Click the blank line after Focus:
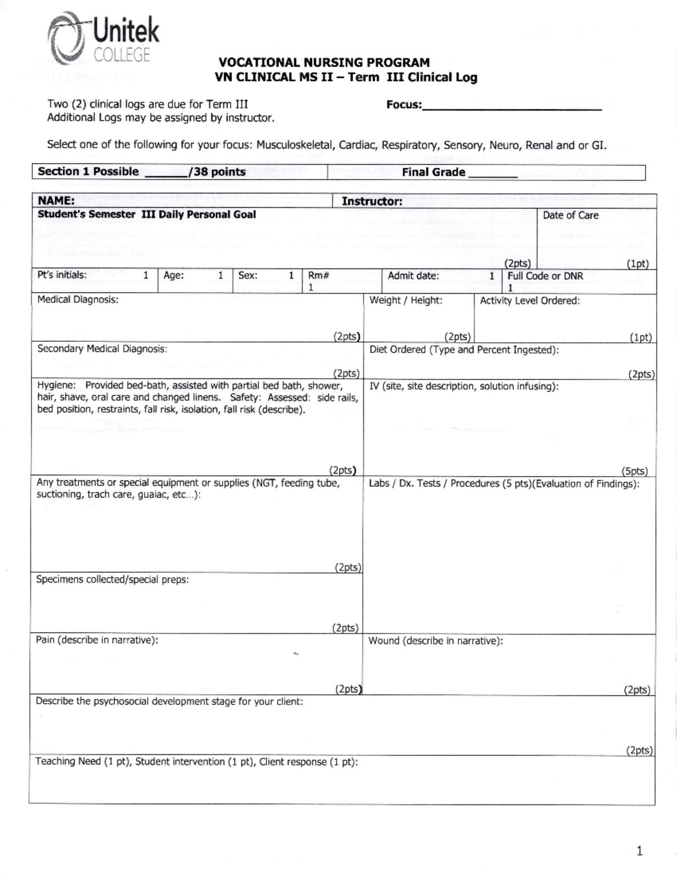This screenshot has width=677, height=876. point(511,105)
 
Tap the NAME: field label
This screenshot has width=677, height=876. point(56,201)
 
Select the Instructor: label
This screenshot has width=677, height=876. point(372,201)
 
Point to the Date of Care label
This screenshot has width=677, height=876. point(570,215)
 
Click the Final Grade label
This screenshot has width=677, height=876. point(433,173)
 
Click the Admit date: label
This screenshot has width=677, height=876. point(413,276)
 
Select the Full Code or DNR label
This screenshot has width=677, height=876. point(545,276)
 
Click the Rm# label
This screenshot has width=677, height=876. point(319,276)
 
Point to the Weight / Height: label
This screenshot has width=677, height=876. point(406,301)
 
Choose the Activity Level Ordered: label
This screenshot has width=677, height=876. point(529,301)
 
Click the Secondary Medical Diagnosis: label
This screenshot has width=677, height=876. point(102,349)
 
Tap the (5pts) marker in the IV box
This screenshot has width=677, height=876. point(634,471)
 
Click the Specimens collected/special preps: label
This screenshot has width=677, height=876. point(112,580)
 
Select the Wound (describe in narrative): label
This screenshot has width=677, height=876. point(435,641)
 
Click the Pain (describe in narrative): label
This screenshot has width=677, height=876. point(97,640)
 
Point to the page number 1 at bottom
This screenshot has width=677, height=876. point(639,851)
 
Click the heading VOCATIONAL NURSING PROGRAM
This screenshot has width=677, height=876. point(324,63)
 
